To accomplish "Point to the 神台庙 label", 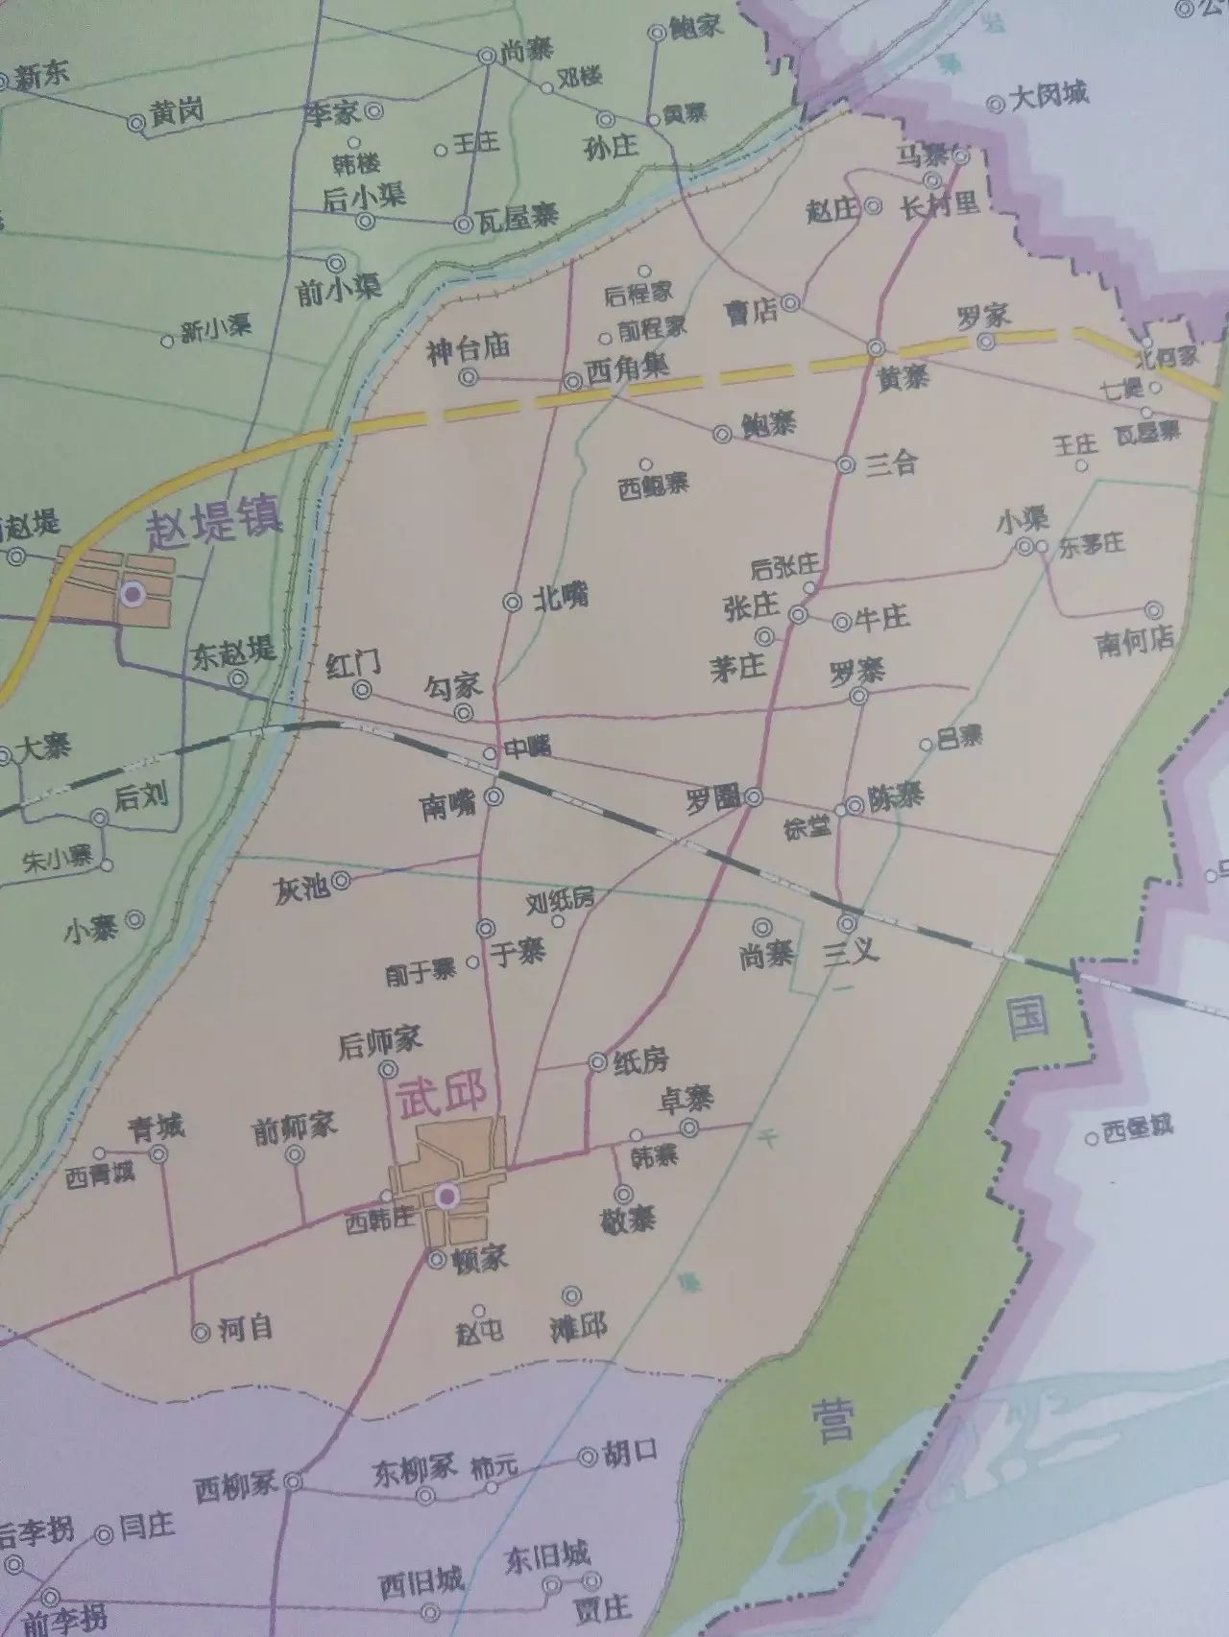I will pyautogui.click(x=468, y=348).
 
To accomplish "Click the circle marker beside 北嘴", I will pyautogui.click(x=511, y=603).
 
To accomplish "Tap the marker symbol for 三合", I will pyautogui.click(x=845, y=464).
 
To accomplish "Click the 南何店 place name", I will pyautogui.click(x=1135, y=642).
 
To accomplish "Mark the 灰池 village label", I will pyautogui.click(x=302, y=889).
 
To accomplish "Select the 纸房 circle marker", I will pyautogui.click(x=597, y=1061).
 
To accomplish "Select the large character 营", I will pyautogui.click(x=831, y=1420).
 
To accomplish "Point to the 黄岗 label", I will pyautogui.click(x=177, y=113).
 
